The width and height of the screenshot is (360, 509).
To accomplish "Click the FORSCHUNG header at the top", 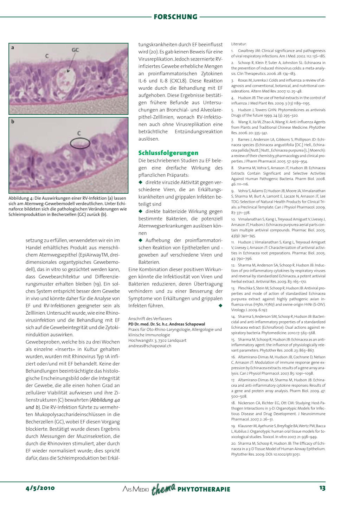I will pos(175,17).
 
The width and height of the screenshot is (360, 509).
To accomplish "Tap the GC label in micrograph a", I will pos(75,50).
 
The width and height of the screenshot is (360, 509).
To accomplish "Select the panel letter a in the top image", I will pos(13,47).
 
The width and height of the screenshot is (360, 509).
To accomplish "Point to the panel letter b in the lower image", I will pos(13,122).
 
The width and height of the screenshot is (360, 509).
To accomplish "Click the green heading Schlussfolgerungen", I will pos(168,153).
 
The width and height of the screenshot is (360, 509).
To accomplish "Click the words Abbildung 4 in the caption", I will pos(21,198).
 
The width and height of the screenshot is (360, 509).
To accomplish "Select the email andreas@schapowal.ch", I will pos(150,346).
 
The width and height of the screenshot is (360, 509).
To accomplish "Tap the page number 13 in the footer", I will pos(322,488).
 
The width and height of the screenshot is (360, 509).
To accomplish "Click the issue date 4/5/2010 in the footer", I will pos(40,488).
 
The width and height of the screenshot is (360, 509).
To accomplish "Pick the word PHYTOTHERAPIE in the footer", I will pos(204,489).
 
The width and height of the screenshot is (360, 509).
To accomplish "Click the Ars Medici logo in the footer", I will pos(136,489).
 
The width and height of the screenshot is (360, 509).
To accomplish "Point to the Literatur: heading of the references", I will pos(239,44).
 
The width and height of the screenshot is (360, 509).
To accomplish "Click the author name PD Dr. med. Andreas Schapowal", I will pos(167,324).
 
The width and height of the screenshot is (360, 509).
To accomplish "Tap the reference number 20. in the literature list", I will pos(233,444).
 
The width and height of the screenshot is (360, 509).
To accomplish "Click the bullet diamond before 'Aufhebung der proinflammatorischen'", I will pos(141,240).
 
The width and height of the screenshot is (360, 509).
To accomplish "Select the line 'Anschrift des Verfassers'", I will pos(150,319).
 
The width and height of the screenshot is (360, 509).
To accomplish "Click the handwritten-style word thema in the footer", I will pos(163,489).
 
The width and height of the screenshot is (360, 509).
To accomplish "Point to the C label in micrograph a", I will pos(47,56).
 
